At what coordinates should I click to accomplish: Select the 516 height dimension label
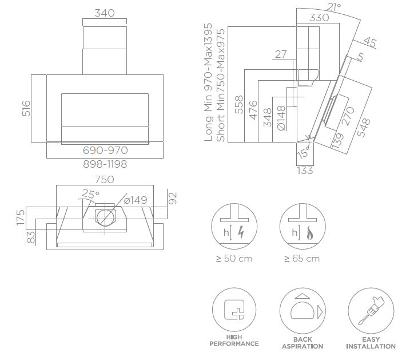[26, 108]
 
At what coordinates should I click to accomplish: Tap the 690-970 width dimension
[105, 151]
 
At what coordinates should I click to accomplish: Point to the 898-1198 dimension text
[105, 164]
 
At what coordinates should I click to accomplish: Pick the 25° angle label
[90, 194]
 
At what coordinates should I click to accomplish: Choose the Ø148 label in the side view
[281, 120]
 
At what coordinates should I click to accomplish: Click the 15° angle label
[302, 153]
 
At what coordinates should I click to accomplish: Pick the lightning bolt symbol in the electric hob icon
[240, 233]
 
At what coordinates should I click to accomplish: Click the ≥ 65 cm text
[302, 259]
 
